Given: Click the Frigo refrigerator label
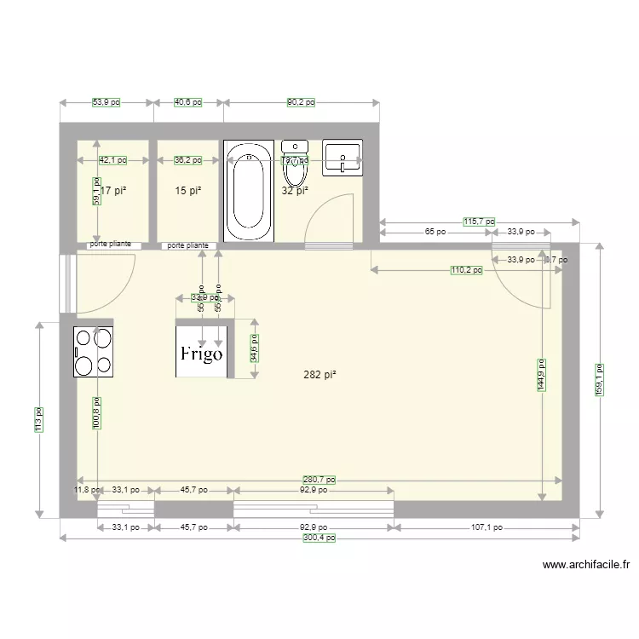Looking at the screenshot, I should coord(201,353).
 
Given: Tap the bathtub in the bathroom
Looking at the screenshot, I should coord(248,191).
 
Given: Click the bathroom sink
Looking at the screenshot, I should coord(343,158).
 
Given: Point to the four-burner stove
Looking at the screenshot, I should coord(94,351).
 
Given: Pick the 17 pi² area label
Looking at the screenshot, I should coord(113,191).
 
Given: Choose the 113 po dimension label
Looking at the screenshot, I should coord(38,418).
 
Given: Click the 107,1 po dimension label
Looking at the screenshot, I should coord(486,527).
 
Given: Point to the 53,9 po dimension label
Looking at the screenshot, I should coord(106,102).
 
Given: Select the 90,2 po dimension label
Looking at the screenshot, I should coord(301,102).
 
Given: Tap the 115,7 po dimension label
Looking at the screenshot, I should coord(479,222).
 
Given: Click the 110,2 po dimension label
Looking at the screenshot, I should coord(466,270).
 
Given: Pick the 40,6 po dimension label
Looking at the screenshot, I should coord(187,102).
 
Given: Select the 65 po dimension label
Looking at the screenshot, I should coord(435,232).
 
